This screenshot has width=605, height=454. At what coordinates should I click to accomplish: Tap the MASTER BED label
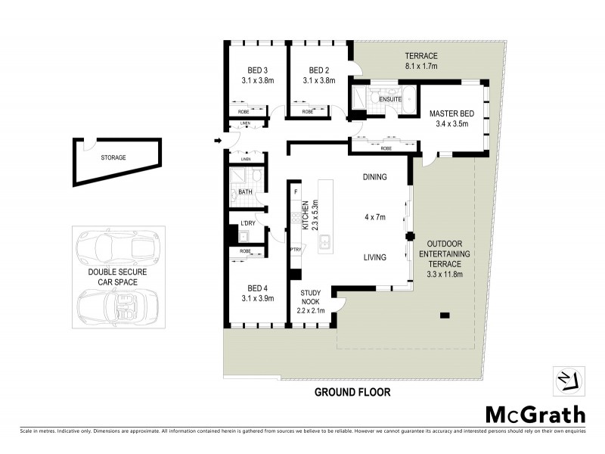tap(449, 113)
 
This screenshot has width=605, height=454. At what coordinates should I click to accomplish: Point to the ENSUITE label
tap(390, 99)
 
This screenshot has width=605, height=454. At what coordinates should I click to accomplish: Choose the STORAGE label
tap(113, 157)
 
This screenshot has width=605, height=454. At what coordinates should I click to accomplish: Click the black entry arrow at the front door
tap(218, 140)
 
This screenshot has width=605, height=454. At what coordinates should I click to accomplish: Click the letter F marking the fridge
tap(296, 192)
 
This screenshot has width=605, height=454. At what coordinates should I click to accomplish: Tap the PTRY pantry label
tap(295, 247)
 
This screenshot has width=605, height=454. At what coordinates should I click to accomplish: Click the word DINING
tap(374, 178)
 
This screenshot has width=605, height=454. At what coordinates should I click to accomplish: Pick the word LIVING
tap(374, 257)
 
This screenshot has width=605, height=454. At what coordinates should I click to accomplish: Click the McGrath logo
tap(535, 414)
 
